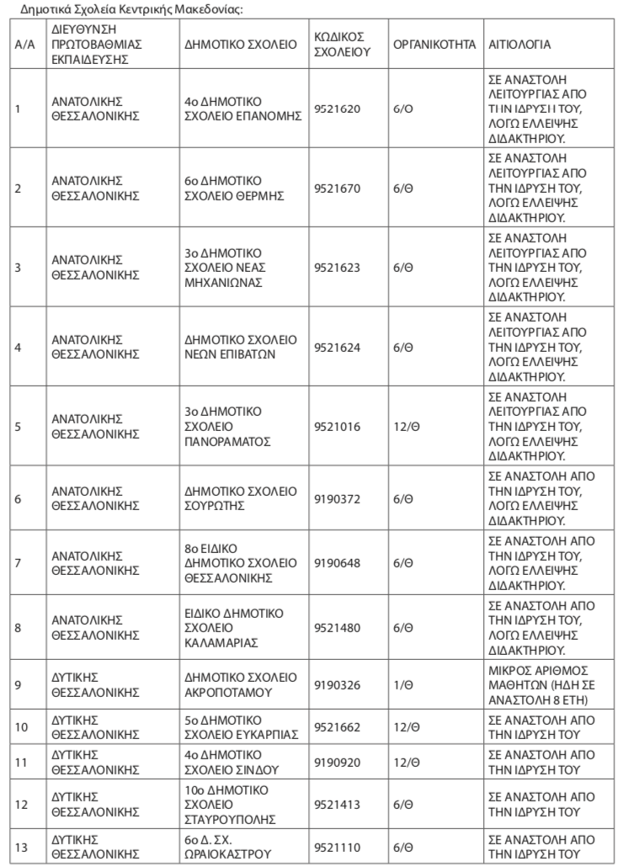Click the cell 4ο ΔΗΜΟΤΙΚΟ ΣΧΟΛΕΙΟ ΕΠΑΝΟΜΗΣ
coord(242,109)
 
